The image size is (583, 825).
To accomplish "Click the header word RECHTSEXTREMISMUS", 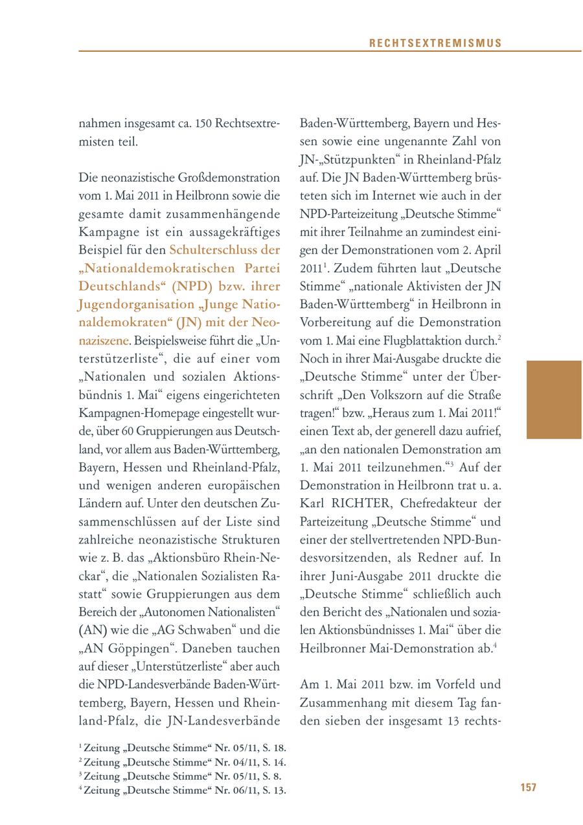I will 435,43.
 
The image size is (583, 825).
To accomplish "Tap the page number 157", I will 528,787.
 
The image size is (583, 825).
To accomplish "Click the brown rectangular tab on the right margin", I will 554,400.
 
